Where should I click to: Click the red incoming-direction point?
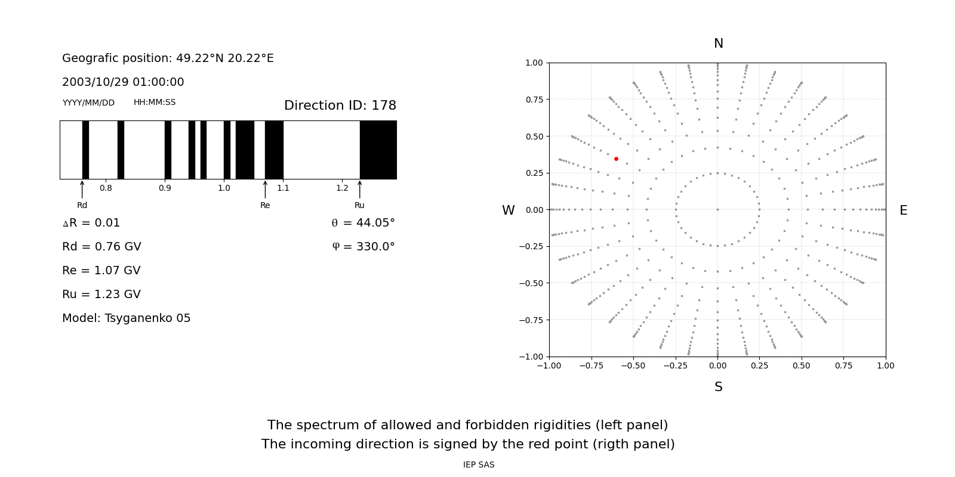click(x=616, y=159)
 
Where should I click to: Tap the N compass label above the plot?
click(x=718, y=44)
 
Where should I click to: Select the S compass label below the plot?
click(x=718, y=387)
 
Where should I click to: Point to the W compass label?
click(x=508, y=210)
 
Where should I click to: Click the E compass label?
click(x=903, y=210)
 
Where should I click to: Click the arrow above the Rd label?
click(x=82, y=190)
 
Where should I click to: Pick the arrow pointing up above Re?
click(x=265, y=190)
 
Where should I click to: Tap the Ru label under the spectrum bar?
click(x=359, y=206)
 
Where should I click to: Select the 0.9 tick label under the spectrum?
click(x=165, y=188)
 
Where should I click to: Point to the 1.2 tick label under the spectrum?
click(x=342, y=188)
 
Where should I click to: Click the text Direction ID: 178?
click(x=340, y=106)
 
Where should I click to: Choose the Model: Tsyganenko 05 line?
click(x=126, y=318)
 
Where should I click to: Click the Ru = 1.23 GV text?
click(x=101, y=295)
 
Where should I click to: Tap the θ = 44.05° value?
click(x=363, y=223)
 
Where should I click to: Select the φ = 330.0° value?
click(x=363, y=247)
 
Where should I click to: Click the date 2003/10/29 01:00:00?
click(x=123, y=82)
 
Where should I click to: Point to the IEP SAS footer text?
click(x=478, y=465)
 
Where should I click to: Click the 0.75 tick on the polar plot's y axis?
click(x=534, y=100)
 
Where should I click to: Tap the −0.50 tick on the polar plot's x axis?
click(x=633, y=366)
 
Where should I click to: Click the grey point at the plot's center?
click(x=717, y=209)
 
